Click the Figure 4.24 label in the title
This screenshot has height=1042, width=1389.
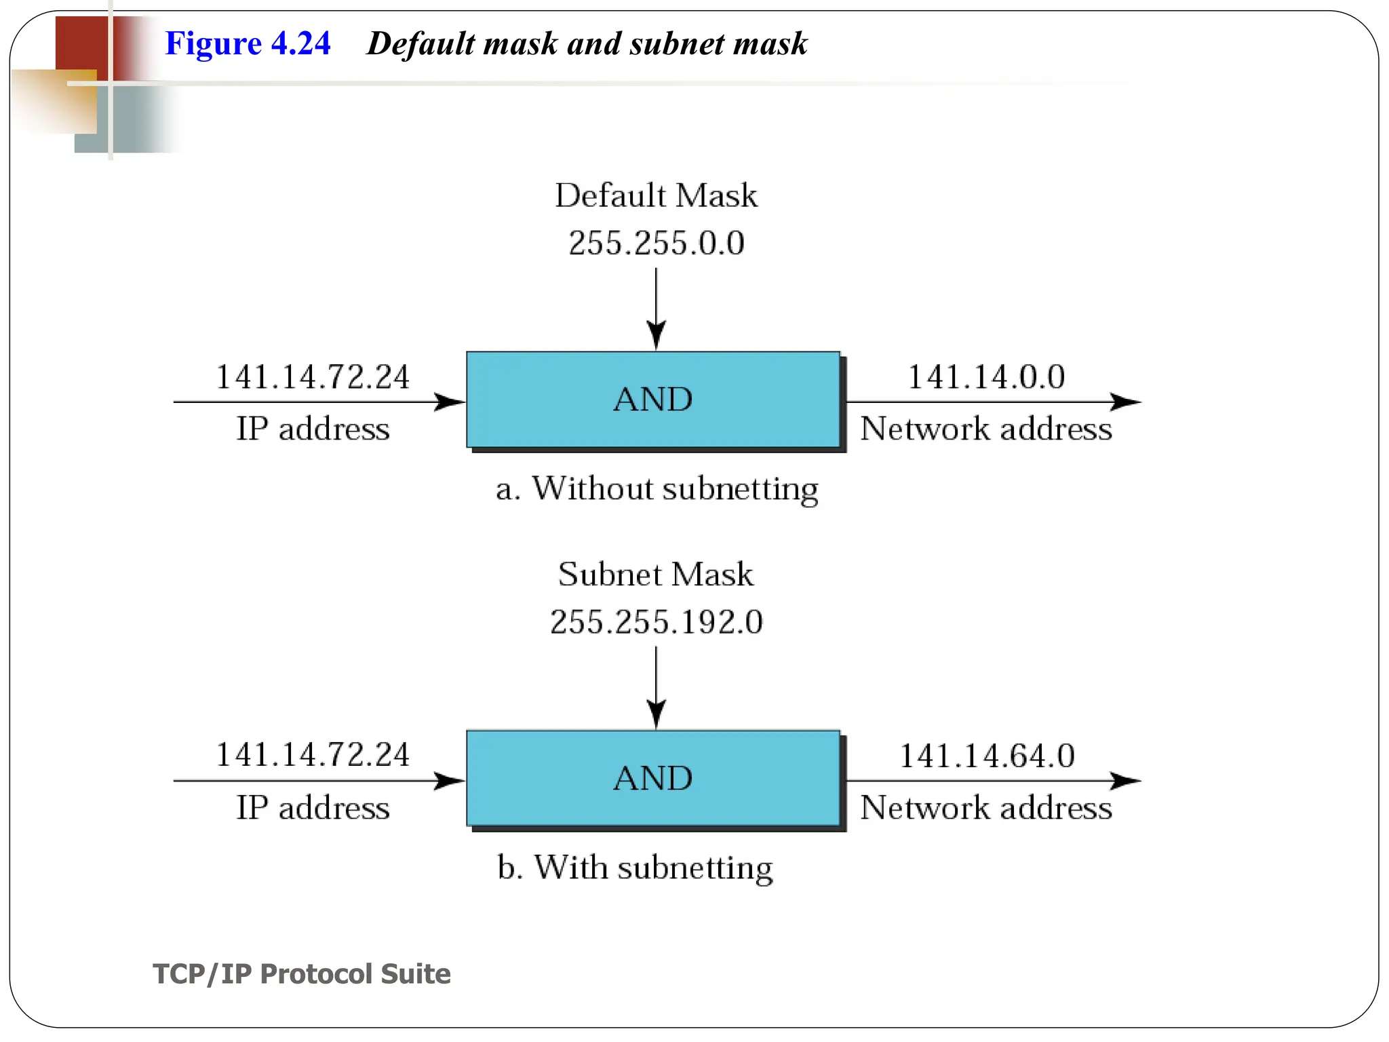click(x=248, y=43)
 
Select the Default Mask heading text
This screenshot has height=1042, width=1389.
click(x=656, y=195)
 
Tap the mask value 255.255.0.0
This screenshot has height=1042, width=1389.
click(x=656, y=243)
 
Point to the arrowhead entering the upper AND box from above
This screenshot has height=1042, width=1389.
click(x=656, y=335)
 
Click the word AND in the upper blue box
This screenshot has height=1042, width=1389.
click(x=652, y=399)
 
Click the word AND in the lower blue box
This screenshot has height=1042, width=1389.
click(x=652, y=778)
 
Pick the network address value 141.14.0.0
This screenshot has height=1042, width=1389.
click(x=986, y=377)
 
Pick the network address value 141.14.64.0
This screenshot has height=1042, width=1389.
click(x=986, y=756)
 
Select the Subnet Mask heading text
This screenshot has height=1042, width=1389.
click(x=656, y=575)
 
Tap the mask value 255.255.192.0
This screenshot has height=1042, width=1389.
click(x=656, y=622)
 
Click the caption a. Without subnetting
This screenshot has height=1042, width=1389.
click(x=657, y=488)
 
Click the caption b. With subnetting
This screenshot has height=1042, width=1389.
click(x=635, y=867)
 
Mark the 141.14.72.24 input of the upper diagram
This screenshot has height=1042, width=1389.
click(x=313, y=377)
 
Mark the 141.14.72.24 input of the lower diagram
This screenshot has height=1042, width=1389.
click(x=313, y=755)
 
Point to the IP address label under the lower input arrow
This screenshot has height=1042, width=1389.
click(x=313, y=807)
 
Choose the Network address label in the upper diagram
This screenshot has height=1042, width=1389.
click(x=986, y=429)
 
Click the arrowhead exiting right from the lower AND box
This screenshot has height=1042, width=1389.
click(x=1126, y=781)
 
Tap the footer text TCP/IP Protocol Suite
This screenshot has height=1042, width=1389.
click(x=302, y=973)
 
